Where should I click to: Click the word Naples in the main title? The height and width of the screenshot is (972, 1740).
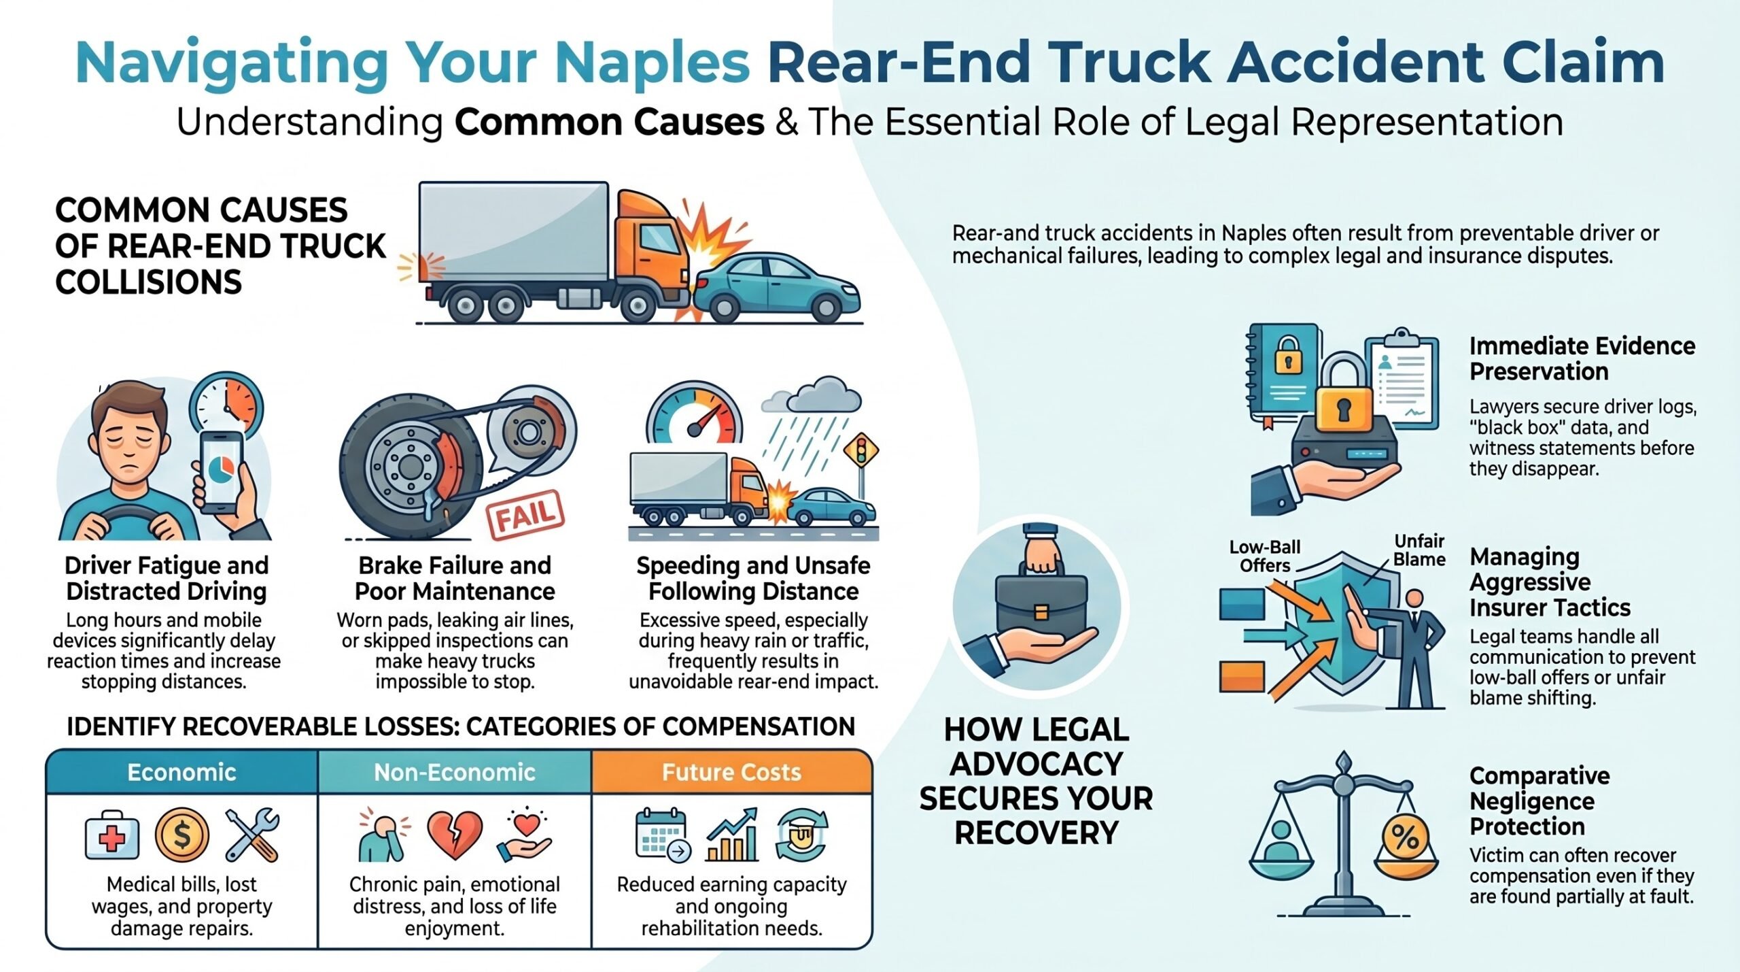point(652,63)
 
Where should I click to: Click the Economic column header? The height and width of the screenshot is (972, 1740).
point(182,772)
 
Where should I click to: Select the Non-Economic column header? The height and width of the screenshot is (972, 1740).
point(455,772)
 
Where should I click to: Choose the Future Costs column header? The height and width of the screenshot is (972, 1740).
point(732,772)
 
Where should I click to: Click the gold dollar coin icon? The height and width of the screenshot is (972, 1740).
point(181,835)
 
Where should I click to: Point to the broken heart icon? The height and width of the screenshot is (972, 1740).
point(455,835)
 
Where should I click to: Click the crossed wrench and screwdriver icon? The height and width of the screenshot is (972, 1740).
point(251,835)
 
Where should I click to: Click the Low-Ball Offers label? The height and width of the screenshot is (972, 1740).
point(1264,556)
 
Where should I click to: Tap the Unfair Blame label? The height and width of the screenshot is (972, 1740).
point(1420,550)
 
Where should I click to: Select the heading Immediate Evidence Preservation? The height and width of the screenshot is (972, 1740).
point(1582,358)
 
